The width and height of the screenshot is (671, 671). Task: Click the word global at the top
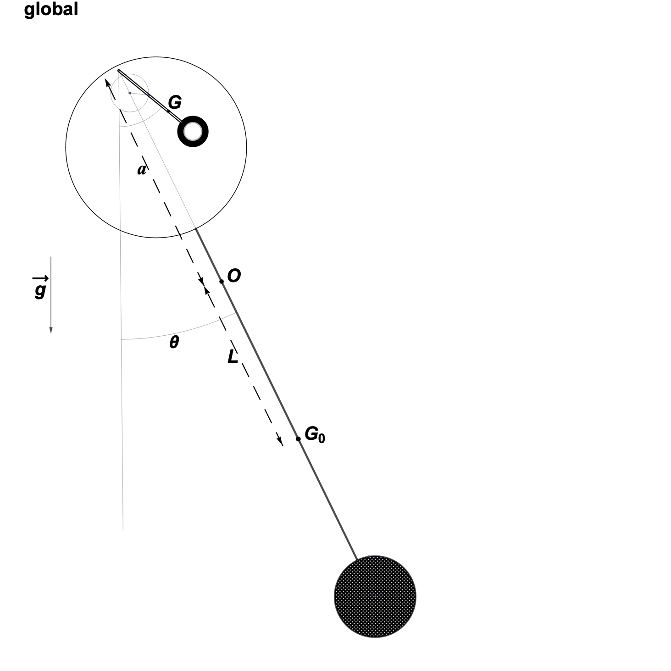[x=51, y=9]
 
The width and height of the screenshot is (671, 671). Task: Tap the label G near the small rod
[x=175, y=102]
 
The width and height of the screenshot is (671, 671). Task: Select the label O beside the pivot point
[x=234, y=276]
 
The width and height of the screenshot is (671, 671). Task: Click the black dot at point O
[x=222, y=281]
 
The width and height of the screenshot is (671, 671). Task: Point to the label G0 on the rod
[x=315, y=434]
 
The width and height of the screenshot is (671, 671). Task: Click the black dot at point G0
[x=298, y=439]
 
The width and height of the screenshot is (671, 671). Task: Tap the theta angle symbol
[x=174, y=342]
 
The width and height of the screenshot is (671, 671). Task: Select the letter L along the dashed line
[x=233, y=356]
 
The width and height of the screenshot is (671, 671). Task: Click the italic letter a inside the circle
[x=141, y=170]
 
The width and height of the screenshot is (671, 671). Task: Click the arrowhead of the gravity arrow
[x=51, y=330]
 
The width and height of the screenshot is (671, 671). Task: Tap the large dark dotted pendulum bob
[x=375, y=597]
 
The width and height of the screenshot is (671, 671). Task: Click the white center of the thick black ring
[x=193, y=132]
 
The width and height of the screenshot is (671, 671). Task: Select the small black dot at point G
[x=168, y=111]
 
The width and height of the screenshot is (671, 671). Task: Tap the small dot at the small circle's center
[x=129, y=93]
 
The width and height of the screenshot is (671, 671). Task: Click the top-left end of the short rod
[x=119, y=71]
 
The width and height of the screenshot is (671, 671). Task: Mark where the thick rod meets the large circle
[x=196, y=228]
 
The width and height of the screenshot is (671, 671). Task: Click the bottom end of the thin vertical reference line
[x=123, y=530]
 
